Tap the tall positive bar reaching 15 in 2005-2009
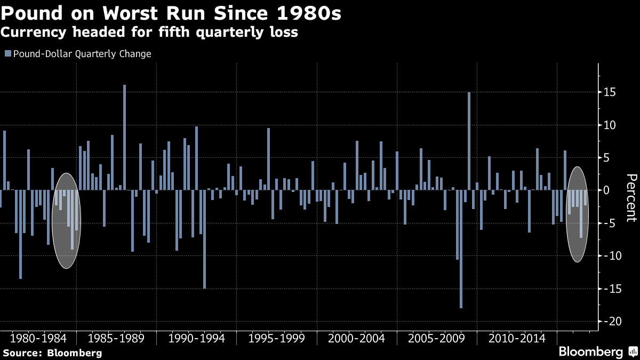click(x=469, y=141)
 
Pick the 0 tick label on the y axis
click(x=606, y=190)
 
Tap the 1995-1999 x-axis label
click(x=276, y=339)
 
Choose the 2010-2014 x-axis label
click(x=516, y=339)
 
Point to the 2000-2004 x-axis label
click(x=356, y=339)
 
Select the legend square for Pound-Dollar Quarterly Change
click(x=7, y=54)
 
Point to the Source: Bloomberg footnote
click(x=52, y=353)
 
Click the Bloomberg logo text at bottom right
click(x=590, y=352)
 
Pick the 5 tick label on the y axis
click(x=606, y=157)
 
